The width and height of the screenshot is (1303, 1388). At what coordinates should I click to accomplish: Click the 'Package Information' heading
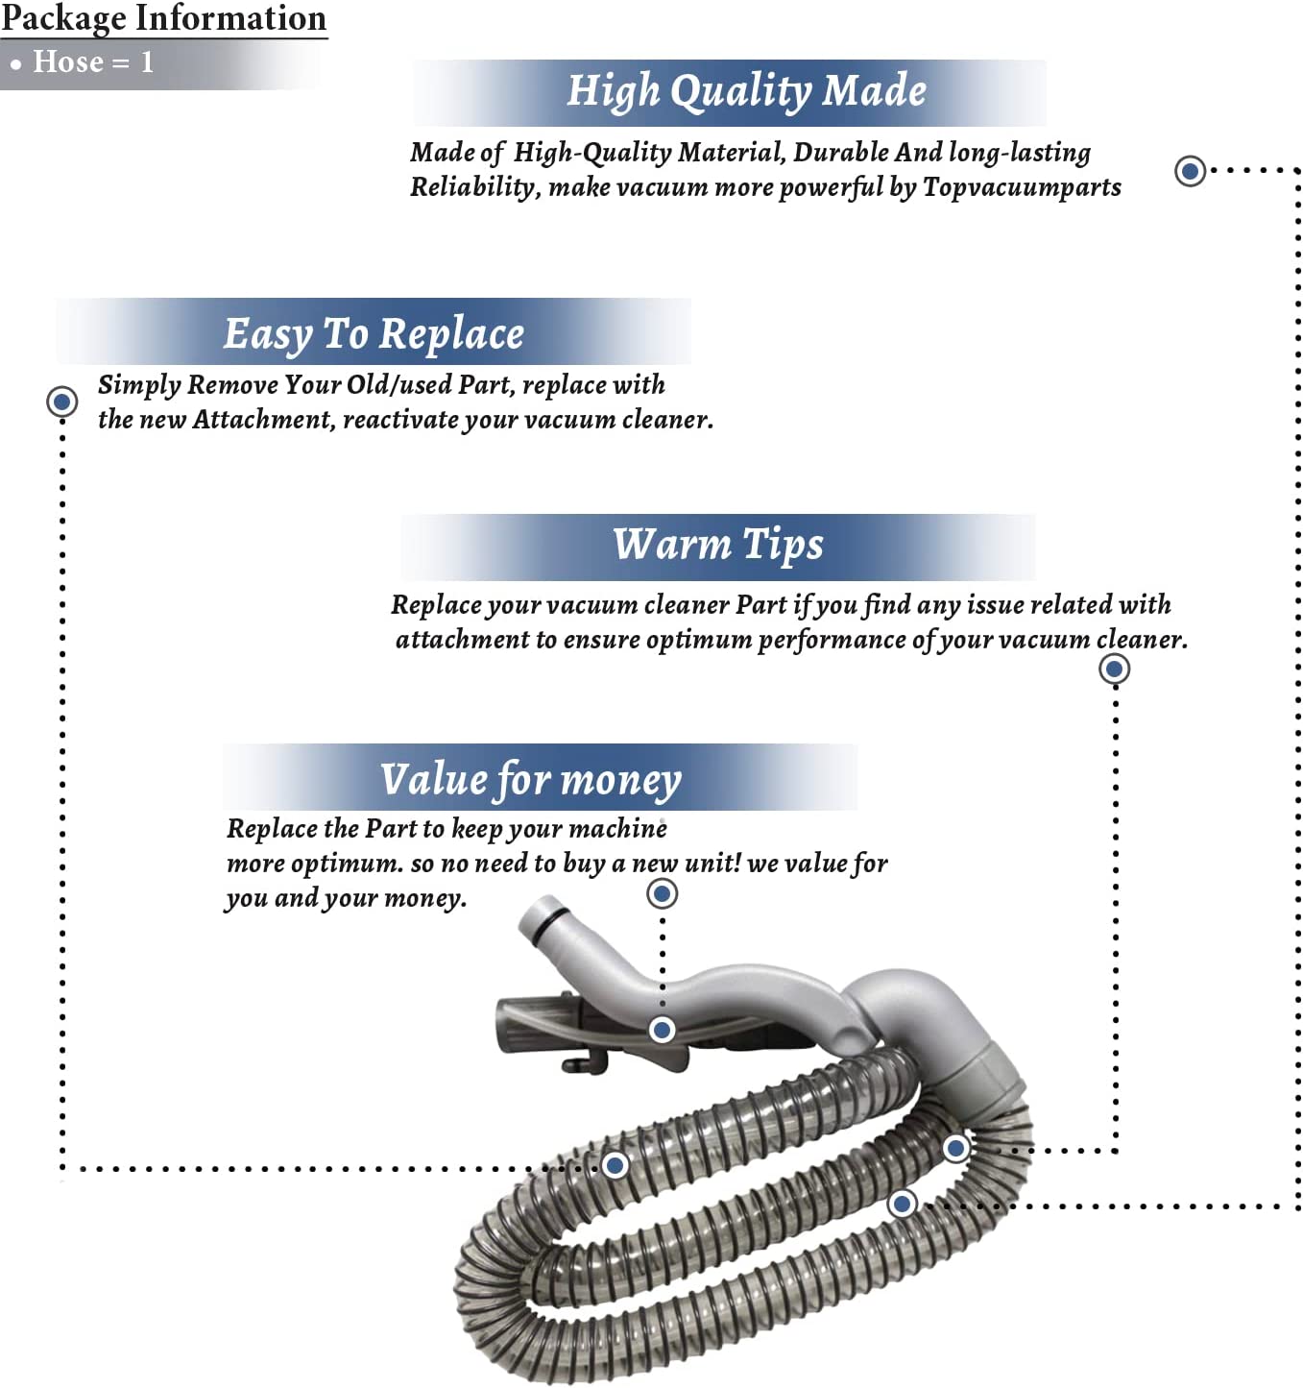[x=163, y=19]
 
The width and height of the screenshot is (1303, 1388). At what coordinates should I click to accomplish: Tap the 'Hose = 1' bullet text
[x=93, y=61]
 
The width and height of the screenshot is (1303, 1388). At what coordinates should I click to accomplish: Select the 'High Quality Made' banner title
[x=746, y=91]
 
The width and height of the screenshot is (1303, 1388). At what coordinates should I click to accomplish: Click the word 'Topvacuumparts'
[x=1022, y=187]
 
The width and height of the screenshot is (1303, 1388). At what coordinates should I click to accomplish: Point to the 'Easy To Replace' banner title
[x=374, y=333]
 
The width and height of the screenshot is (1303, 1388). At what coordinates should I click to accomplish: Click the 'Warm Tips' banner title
[x=718, y=545]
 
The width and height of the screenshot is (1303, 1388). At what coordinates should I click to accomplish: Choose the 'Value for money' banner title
[x=530, y=779]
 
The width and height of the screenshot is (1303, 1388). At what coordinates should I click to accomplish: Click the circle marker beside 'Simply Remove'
[x=62, y=402]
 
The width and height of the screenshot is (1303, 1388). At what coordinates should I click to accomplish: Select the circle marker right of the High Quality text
[x=1191, y=171]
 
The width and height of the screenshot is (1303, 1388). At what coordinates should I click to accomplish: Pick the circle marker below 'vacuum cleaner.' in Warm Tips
[x=1115, y=669]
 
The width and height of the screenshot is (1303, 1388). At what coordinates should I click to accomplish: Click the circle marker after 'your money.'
[x=663, y=893]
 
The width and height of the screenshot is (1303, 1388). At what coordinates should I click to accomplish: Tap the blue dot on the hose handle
[x=662, y=1030]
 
